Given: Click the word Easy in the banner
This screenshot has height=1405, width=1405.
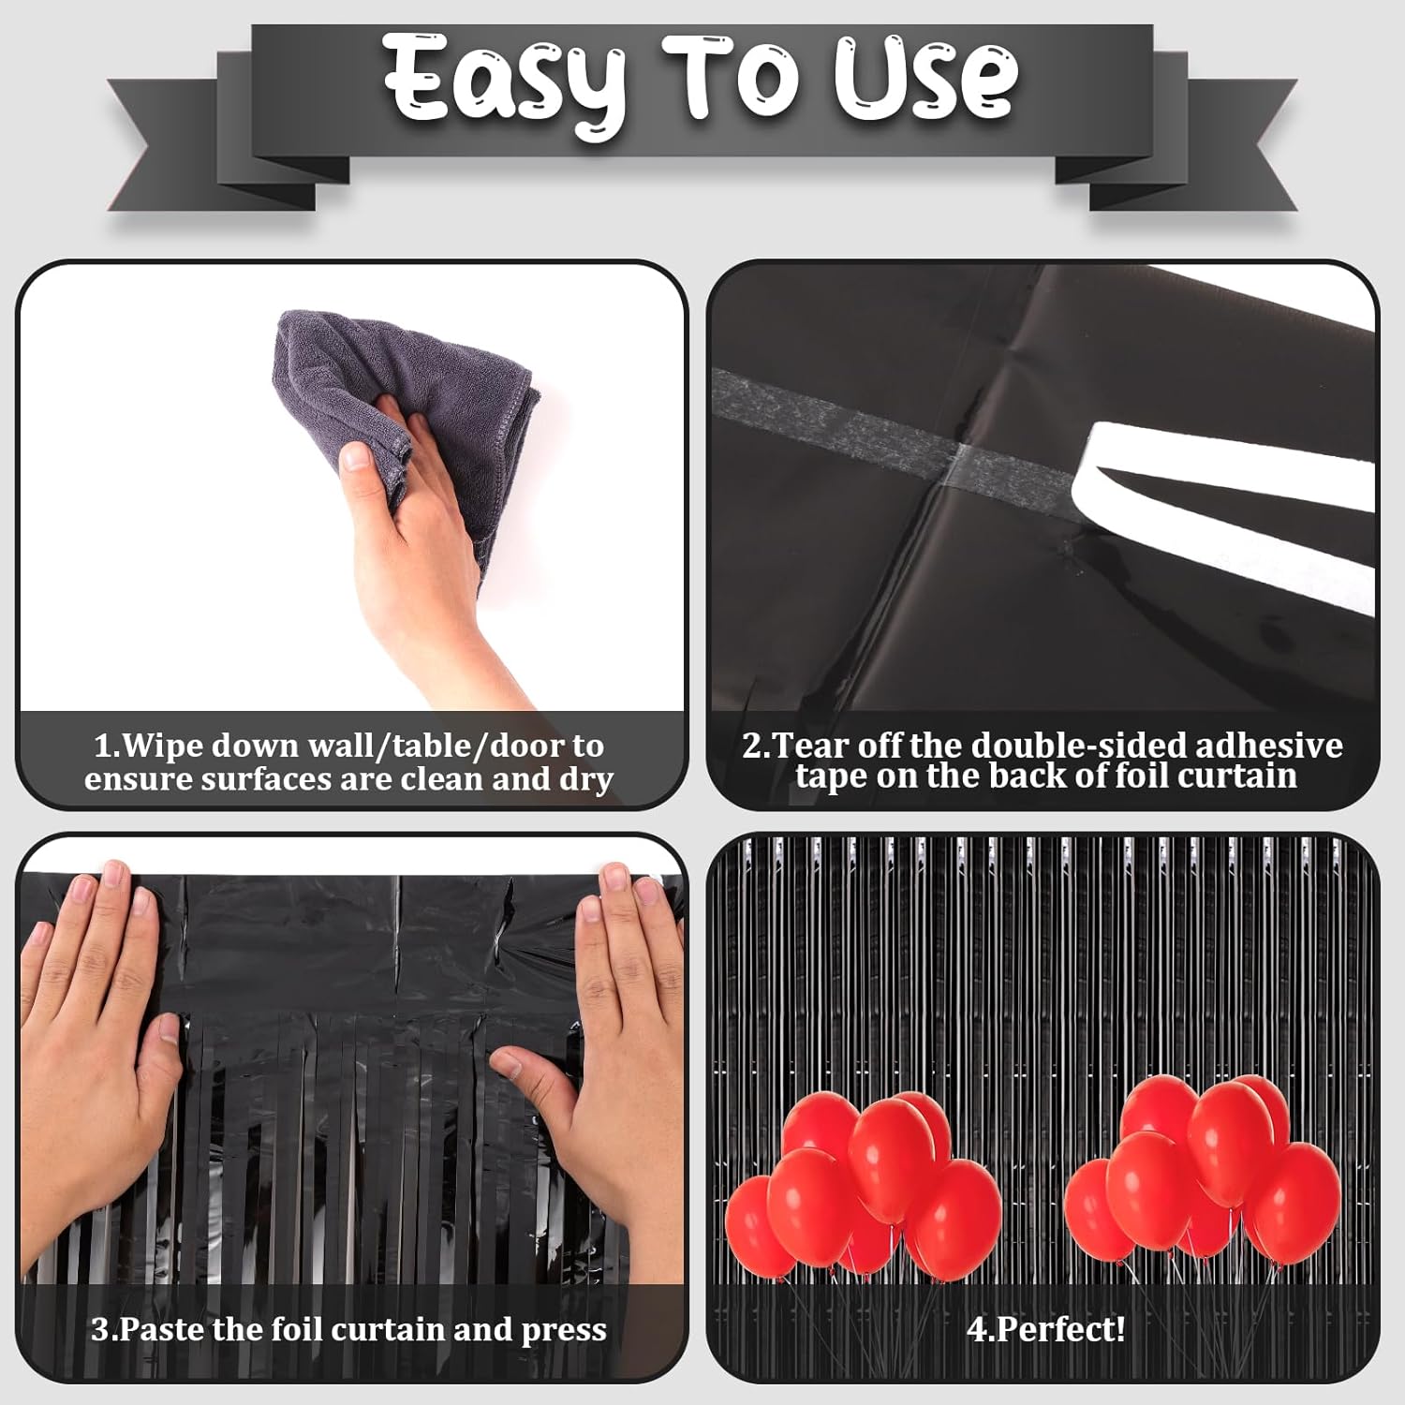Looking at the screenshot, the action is click(506, 82).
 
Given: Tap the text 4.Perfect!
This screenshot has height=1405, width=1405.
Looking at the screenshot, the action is click(1046, 1329).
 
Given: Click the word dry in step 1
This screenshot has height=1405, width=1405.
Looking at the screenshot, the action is click(586, 780).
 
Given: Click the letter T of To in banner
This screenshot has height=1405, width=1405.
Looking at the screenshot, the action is click(697, 80).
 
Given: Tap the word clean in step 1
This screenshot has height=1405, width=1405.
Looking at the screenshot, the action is click(443, 778).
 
